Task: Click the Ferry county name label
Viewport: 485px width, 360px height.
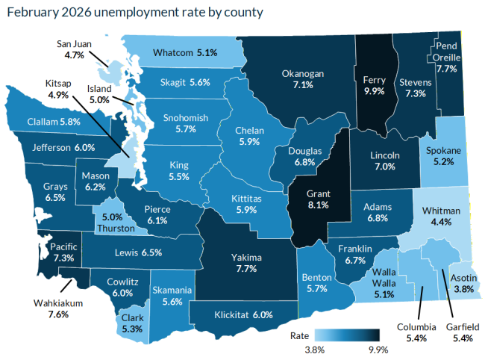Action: click(x=372, y=78)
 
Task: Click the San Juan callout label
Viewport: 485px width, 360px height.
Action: click(x=74, y=44)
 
